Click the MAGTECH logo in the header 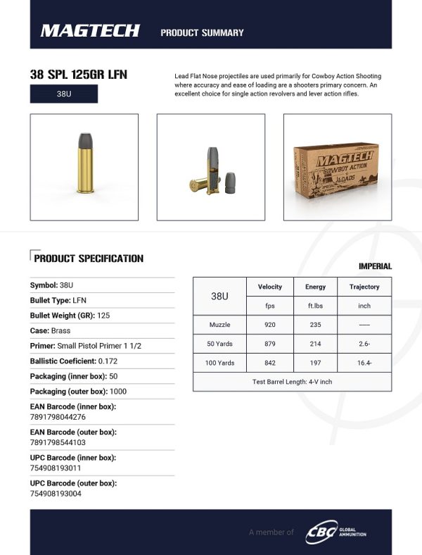click(x=90, y=30)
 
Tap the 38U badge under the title click(x=63, y=94)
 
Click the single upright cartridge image click(x=84, y=167)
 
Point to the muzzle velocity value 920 click(x=269, y=325)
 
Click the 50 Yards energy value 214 click(x=315, y=344)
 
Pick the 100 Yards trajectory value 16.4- click(x=364, y=363)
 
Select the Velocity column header click(x=269, y=287)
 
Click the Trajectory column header click(x=364, y=287)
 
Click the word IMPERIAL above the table click(x=374, y=266)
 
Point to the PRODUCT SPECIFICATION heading click(x=89, y=258)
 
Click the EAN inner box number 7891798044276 click(x=58, y=416)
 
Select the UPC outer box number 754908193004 click(x=56, y=493)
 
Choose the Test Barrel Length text click(x=292, y=382)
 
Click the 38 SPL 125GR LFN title click(x=79, y=75)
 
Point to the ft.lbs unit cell click(x=315, y=306)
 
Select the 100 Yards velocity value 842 click(x=269, y=363)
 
